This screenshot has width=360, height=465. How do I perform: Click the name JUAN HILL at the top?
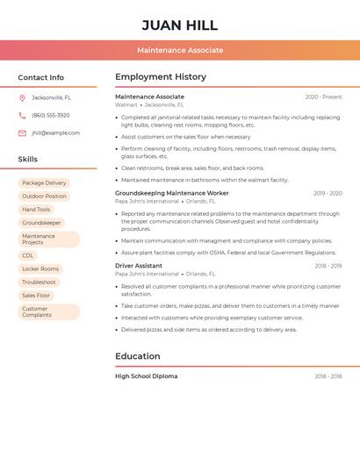click(180, 25)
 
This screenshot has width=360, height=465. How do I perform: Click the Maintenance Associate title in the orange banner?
click(180, 50)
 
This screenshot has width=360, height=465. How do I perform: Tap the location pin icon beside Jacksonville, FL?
click(22, 97)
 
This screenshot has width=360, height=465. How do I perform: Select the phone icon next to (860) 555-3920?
click(22, 115)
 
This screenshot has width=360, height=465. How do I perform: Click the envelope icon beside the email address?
click(22, 133)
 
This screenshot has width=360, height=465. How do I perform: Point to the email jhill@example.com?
click(55, 133)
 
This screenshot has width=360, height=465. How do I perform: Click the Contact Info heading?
click(40, 77)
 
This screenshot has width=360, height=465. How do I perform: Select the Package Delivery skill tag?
click(44, 182)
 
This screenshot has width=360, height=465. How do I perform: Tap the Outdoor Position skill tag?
click(44, 197)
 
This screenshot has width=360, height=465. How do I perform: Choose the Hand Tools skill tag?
click(36, 210)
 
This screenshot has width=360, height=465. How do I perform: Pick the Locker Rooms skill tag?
click(40, 268)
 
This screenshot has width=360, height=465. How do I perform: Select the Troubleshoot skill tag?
click(39, 283)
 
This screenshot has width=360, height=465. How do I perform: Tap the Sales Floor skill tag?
click(36, 296)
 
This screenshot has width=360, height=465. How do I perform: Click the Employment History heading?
click(161, 76)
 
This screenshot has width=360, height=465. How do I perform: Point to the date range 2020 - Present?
click(323, 97)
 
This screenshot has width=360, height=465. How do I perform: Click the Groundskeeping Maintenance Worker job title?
click(171, 193)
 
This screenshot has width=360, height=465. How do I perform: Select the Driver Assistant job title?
click(139, 265)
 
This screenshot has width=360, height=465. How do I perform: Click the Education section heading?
click(138, 356)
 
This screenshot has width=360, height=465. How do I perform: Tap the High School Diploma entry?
click(146, 376)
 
